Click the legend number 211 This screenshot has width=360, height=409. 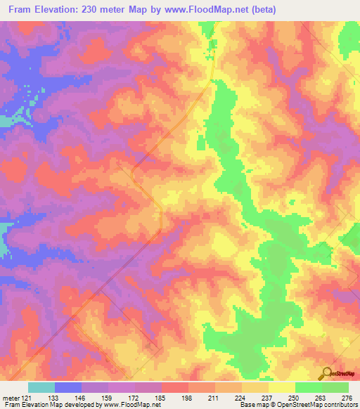[215, 397]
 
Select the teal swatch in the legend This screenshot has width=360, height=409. [41, 387]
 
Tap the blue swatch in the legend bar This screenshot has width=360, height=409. [68, 387]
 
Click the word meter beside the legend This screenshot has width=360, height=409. [11, 397]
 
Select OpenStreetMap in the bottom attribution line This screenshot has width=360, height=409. [300, 405]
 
